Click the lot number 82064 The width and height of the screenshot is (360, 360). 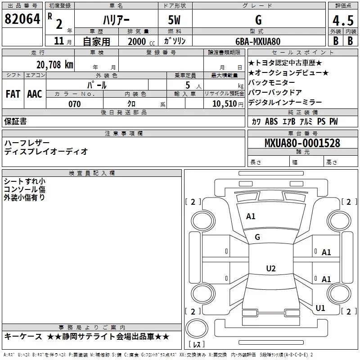click(x=22, y=19)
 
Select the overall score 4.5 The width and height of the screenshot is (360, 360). click(x=343, y=20)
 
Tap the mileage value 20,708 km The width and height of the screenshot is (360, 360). click(x=54, y=65)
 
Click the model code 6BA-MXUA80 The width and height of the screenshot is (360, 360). click(x=258, y=41)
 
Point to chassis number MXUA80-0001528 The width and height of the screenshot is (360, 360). click(x=302, y=143)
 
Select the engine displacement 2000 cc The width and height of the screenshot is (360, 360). click(x=141, y=41)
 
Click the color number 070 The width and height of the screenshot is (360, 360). click(x=75, y=104)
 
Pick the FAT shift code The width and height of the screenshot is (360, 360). click(x=13, y=94)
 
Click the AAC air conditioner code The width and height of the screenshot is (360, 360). click(x=35, y=94)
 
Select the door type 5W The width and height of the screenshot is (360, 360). click(x=174, y=20)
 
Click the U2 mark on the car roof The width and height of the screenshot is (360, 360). click(x=271, y=268)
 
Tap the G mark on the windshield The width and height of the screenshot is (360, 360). click(x=257, y=237)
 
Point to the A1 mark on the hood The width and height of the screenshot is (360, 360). click(x=251, y=216)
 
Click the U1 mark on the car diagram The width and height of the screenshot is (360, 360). click(x=320, y=308)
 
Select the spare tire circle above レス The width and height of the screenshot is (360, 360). click(x=197, y=328)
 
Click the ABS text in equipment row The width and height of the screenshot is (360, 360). click(x=271, y=121)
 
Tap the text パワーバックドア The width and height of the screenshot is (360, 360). click(x=275, y=93)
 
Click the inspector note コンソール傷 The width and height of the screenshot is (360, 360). click(x=25, y=189)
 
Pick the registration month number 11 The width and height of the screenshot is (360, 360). click(x=59, y=41)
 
